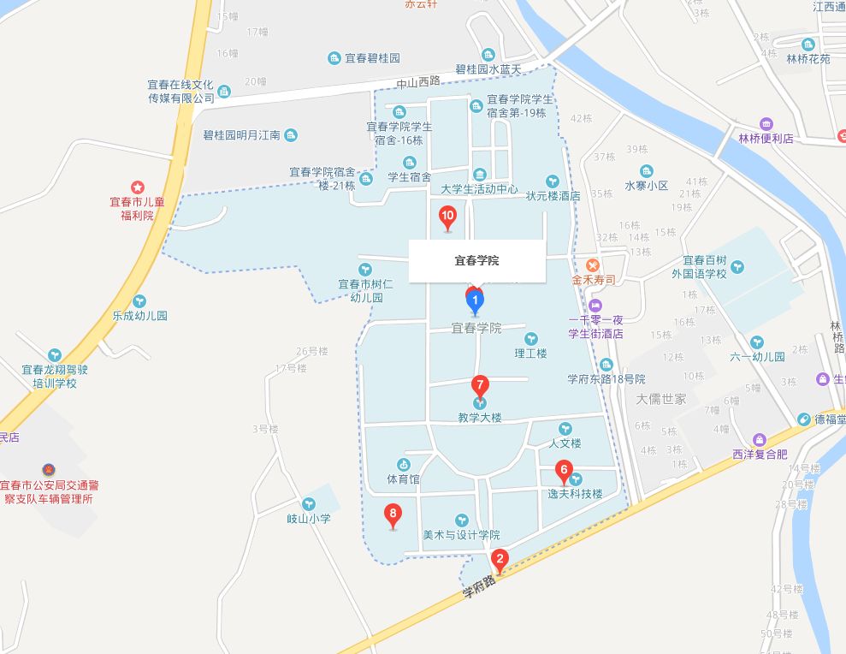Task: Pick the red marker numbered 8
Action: click(x=393, y=514)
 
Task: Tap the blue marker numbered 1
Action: click(x=475, y=300)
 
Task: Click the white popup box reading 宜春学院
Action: click(x=476, y=260)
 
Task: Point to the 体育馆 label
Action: click(x=403, y=479)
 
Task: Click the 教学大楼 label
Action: click(x=479, y=418)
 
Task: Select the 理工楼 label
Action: click(x=530, y=353)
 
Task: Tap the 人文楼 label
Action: click(x=565, y=443)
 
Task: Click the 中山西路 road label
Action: click(x=417, y=81)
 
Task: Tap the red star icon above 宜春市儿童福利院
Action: click(x=137, y=187)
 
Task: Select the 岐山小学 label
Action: click(x=308, y=518)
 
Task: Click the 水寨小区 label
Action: click(x=646, y=185)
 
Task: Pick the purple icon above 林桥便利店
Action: click(x=766, y=123)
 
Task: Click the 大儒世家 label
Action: click(x=661, y=399)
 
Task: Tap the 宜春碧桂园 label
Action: click(x=372, y=58)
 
